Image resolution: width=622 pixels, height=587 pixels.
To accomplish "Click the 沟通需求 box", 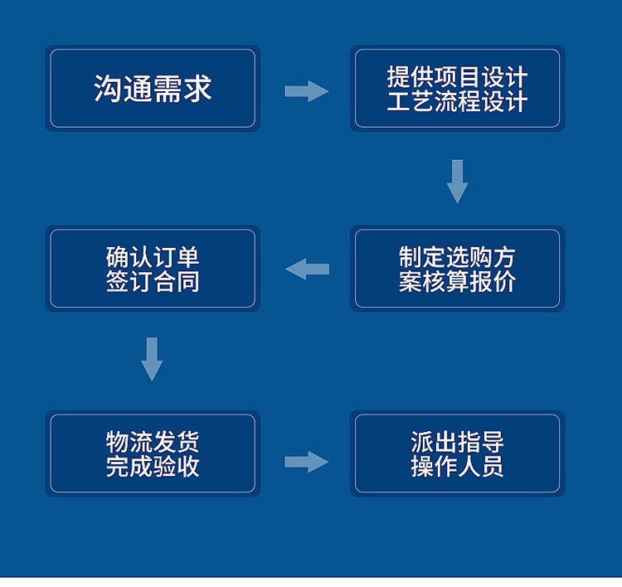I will click(x=153, y=89).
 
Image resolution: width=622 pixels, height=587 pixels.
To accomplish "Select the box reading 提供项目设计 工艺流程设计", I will click(x=457, y=89).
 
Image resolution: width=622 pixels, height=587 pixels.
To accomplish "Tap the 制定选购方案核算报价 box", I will click(x=457, y=269).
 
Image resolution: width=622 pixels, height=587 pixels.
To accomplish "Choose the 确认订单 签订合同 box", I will click(x=153, y=269).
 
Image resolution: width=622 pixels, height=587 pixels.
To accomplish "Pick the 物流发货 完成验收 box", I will click(x=153, y=454).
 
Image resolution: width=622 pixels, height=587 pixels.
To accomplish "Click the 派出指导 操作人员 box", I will click(x=457, y=454).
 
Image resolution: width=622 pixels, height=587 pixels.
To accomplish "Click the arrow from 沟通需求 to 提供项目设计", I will click(x=306, y=90).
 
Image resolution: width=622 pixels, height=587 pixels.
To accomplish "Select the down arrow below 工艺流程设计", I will click(x=457, y=180).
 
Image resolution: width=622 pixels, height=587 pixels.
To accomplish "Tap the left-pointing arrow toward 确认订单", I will click(x=307, y=269).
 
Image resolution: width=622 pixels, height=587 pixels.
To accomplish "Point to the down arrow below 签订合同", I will click(x=152, y=358).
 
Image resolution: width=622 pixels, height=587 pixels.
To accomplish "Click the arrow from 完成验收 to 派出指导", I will click(x=306, y=462).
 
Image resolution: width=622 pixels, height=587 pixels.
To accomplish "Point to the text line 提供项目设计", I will click(x=457, y=77).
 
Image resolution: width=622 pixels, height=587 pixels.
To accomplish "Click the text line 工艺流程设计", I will click(x=457, y=102).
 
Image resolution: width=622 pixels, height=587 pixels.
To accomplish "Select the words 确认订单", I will click(x=153, y=256).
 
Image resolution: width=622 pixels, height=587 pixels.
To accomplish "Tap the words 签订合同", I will click(x=153, y=281).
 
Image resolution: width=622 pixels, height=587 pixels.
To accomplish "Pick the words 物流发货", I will click(x=153, y=441).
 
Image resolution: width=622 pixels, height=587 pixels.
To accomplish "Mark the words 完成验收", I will click(x=153, y=466).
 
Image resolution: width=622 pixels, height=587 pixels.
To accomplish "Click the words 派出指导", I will click(x=457, y=441).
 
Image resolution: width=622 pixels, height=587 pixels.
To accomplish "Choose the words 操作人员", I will click(x=457, y=466).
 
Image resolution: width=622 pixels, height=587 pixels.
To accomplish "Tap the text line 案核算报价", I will click(x=457, y=281).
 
